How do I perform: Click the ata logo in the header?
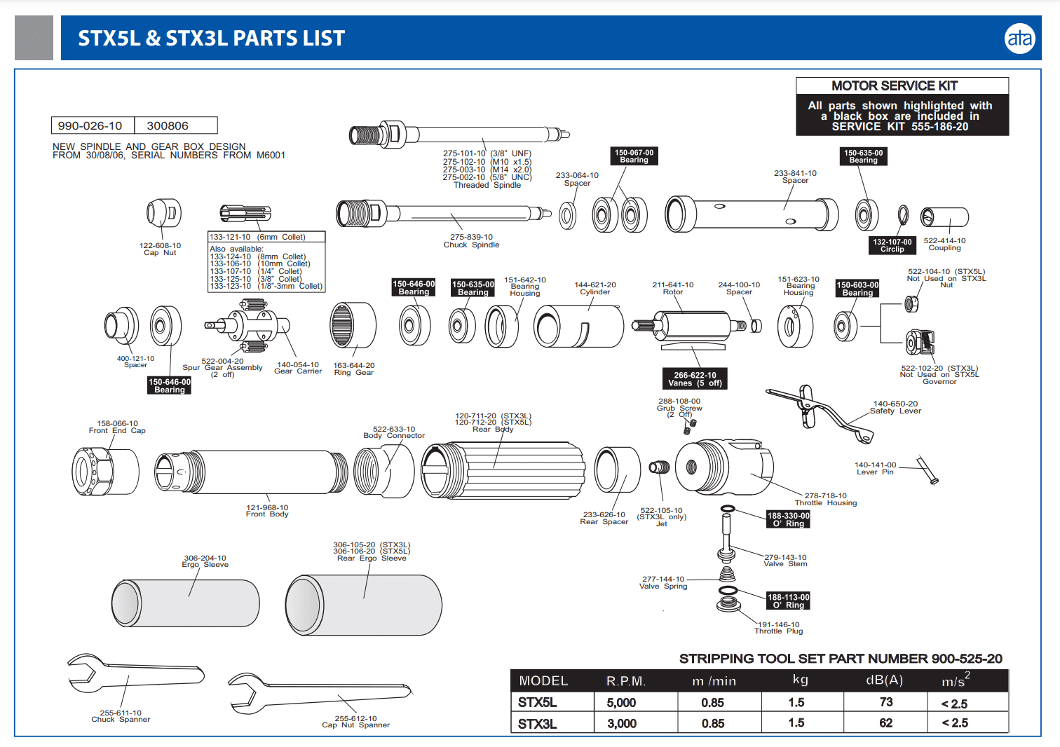(x=1019, y=39)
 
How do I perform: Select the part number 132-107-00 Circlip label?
(x=892, y=245)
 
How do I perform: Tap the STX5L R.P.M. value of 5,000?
(x=621, y=703)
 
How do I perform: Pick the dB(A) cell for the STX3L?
(x=885, y=723)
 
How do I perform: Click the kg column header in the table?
(x=800, y=680)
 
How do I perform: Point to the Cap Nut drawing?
(x=164, y=213)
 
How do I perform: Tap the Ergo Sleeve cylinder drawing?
(x=186, y=603)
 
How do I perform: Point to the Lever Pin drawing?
(x=927, y=470)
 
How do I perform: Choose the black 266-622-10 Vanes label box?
(x=695, y=378)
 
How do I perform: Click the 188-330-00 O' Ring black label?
(x=788, y=519)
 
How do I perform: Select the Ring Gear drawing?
(x=353, y=325)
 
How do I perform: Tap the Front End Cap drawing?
(x=105, y=472)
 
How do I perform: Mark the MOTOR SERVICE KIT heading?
(x=902, y=85)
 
